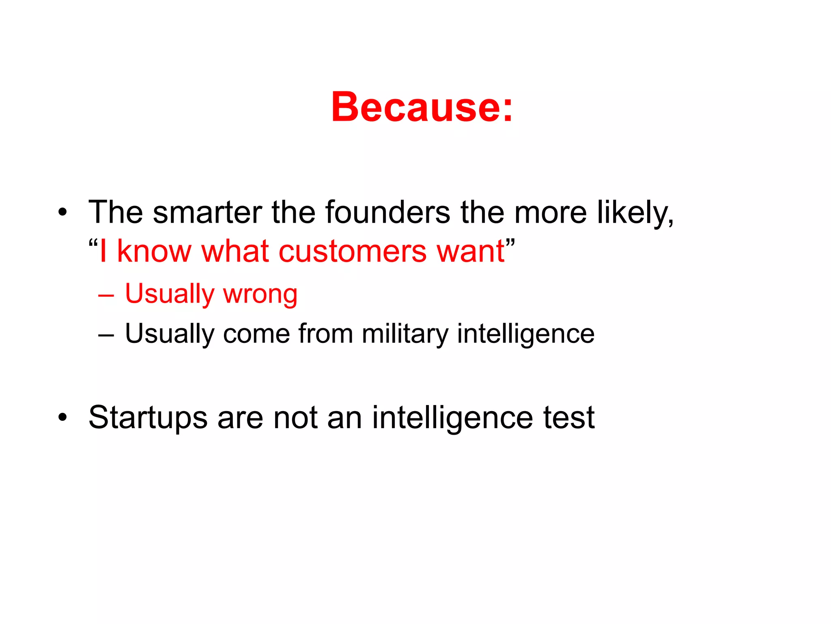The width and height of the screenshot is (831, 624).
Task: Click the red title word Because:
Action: coord(422,107)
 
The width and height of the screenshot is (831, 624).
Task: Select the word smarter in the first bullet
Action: coord(207,212)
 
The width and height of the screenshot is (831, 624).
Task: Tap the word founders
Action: coord(388,212)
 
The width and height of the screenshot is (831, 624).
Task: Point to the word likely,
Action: coord(635,212)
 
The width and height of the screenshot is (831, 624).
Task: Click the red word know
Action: coord(154,251)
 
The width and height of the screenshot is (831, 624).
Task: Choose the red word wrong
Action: coord(260,294)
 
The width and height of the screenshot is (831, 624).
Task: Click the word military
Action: coord(405,334)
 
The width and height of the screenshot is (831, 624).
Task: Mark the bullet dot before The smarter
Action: coord(62,212)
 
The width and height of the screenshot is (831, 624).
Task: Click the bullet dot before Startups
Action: coord(62,417)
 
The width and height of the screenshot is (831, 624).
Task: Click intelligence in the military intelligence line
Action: coord(525,334)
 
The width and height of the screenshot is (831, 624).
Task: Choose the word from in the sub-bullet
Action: coord(325,334)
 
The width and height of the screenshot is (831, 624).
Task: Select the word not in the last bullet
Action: coord(295,418)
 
